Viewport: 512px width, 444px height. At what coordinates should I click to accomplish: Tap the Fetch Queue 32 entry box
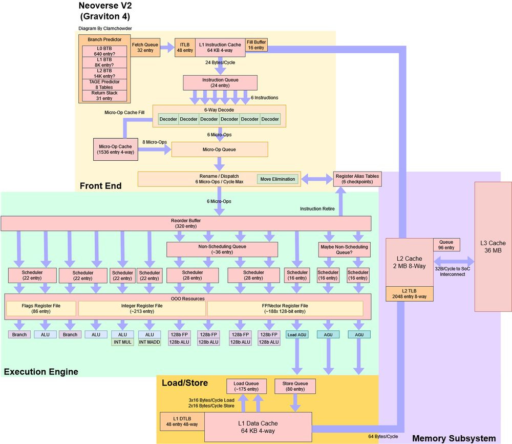tap(145, 48)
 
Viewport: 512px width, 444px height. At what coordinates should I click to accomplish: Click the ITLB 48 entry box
tap(184, 48)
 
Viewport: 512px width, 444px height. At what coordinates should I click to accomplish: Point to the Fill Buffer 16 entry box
tap(256, 45)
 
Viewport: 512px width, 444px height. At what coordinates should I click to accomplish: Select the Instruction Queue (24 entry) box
tap(220, 82)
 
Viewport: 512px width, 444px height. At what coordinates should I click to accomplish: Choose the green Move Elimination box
tap(278, 179)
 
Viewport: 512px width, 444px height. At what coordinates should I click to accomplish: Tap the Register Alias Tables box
tap(357, 179)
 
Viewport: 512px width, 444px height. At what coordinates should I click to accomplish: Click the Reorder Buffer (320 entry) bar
tap(186, 223)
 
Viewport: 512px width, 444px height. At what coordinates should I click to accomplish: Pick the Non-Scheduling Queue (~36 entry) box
tap(222, 249)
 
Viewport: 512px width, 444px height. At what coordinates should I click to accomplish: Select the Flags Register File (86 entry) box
tap(40, 308)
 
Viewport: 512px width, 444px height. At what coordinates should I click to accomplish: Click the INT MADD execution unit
tap(150, 342)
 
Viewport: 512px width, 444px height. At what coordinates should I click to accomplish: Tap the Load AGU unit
tap(296, 334)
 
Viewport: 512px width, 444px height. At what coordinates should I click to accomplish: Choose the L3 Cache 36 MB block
tap(493, 246)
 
